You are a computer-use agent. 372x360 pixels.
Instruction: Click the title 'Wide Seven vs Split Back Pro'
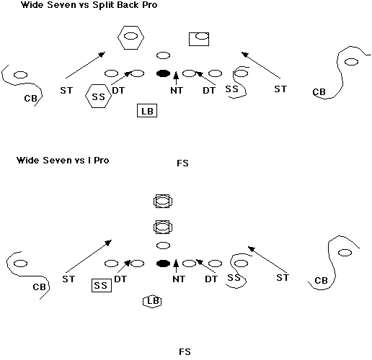pos(89,5)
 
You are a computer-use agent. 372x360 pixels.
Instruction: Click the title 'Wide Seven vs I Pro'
pos(63,160)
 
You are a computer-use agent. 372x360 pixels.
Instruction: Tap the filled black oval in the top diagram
pos(163,73)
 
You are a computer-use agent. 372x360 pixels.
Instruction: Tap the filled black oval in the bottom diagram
pos(163,264)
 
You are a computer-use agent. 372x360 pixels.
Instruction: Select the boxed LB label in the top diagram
pos(147,111)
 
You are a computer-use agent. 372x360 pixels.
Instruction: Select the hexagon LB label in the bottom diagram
pos(152,301)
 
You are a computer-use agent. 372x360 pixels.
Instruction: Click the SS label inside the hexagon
pos(99,96)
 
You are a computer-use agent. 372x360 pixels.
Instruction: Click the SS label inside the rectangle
pos(100,285)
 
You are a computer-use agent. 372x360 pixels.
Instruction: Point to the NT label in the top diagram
pos(177,91)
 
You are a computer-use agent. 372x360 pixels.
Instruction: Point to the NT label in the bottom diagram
pos(179,279)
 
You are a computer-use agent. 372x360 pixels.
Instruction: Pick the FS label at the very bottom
pos(185,352)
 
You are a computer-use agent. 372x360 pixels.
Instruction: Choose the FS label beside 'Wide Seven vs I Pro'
pos(182,163)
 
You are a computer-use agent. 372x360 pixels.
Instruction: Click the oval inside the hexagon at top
pos(130,37)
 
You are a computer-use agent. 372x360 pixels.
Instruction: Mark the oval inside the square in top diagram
pos(202,36)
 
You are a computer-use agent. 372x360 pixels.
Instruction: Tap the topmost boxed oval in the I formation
pos(163,201)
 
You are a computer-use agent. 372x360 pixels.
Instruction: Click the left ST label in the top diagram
pos(66,91)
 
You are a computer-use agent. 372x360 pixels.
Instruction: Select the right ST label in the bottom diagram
pos(283,278)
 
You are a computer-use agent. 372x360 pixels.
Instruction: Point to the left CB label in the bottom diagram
pos(39,287)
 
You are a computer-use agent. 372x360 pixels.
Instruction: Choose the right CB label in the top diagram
pos(319,92)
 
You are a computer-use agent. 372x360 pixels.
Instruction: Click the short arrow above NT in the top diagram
pos(176,78)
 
